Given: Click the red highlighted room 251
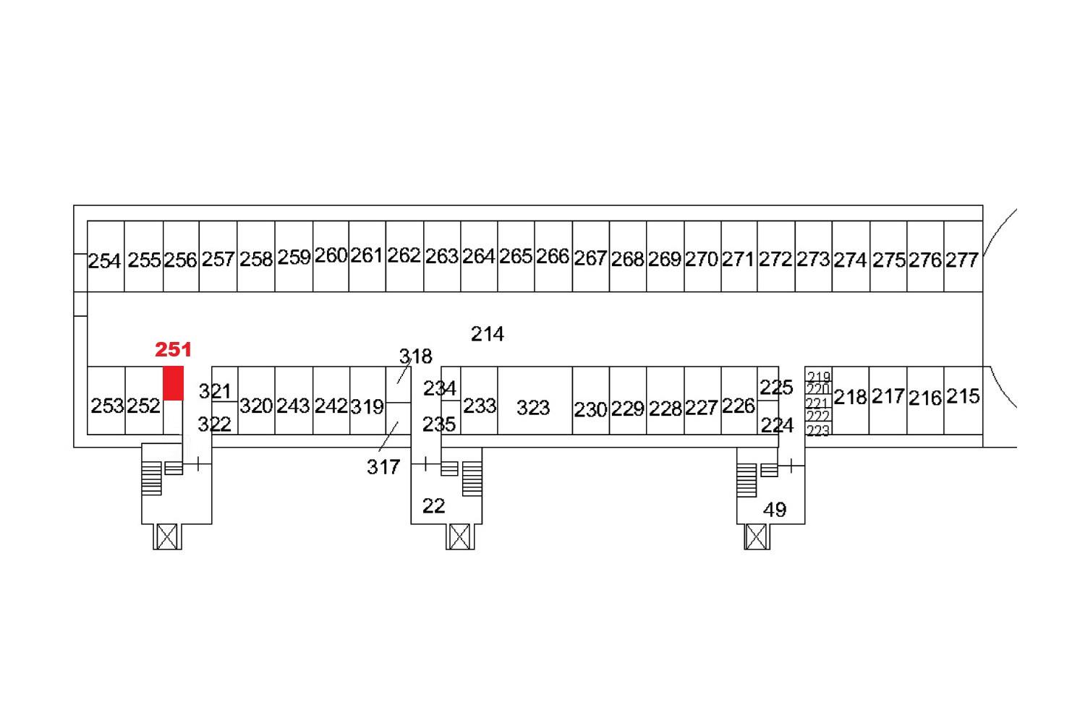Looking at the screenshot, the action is (x=173, y=383).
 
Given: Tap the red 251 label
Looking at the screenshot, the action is (x=173, y=350).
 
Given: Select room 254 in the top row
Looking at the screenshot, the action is (x=106, y=257).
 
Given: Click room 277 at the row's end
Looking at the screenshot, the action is (x=963, y=257).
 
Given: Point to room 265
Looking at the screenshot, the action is (x=516, y=257).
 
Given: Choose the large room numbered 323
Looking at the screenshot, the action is (x=535, y=401).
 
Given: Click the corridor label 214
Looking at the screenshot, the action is (x=488, y=334).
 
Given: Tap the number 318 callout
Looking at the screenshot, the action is (x=416, y=357).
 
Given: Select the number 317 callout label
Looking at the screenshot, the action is (x=383, y=467).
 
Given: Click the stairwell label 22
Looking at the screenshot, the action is (x=433, y=507).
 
